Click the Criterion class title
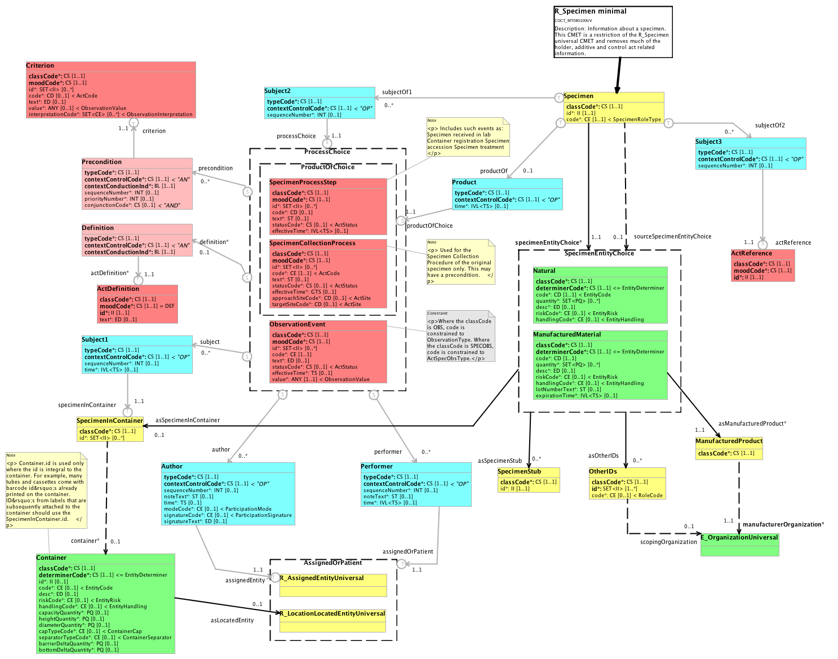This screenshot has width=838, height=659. pyautogui.click(x=40, y=66)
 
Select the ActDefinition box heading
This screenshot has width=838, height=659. pyautogui.click(x=118, y=289)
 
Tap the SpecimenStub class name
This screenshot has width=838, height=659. pyautogui.click(x=519, y=471)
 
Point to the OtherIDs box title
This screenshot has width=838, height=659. pyautogui.click(x=603, y=471)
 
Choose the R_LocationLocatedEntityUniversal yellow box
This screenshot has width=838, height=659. pyautogui.click(x=332, y=620)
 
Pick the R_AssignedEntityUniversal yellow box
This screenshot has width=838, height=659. pyautogui.click(x=333, y=585)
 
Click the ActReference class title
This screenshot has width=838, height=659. pyautogui.click(x=751, y=253)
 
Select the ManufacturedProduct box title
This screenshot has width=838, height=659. pyautogui.click(x=729, y=441)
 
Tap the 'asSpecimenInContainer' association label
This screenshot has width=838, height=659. pyautogui.click(x=187, y=420)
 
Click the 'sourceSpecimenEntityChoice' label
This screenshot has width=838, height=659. pyautogui.click(x=672, y=236)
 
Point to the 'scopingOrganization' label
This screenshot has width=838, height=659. pyautogui.click(x=668, y=542)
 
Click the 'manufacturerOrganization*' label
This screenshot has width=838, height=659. pyautogui.click(x=783, y=524)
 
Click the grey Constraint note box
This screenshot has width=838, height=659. pyautogui.click(x=460, y=337)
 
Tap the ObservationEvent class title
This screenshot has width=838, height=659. pyautogui.click(x=297, y=324)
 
